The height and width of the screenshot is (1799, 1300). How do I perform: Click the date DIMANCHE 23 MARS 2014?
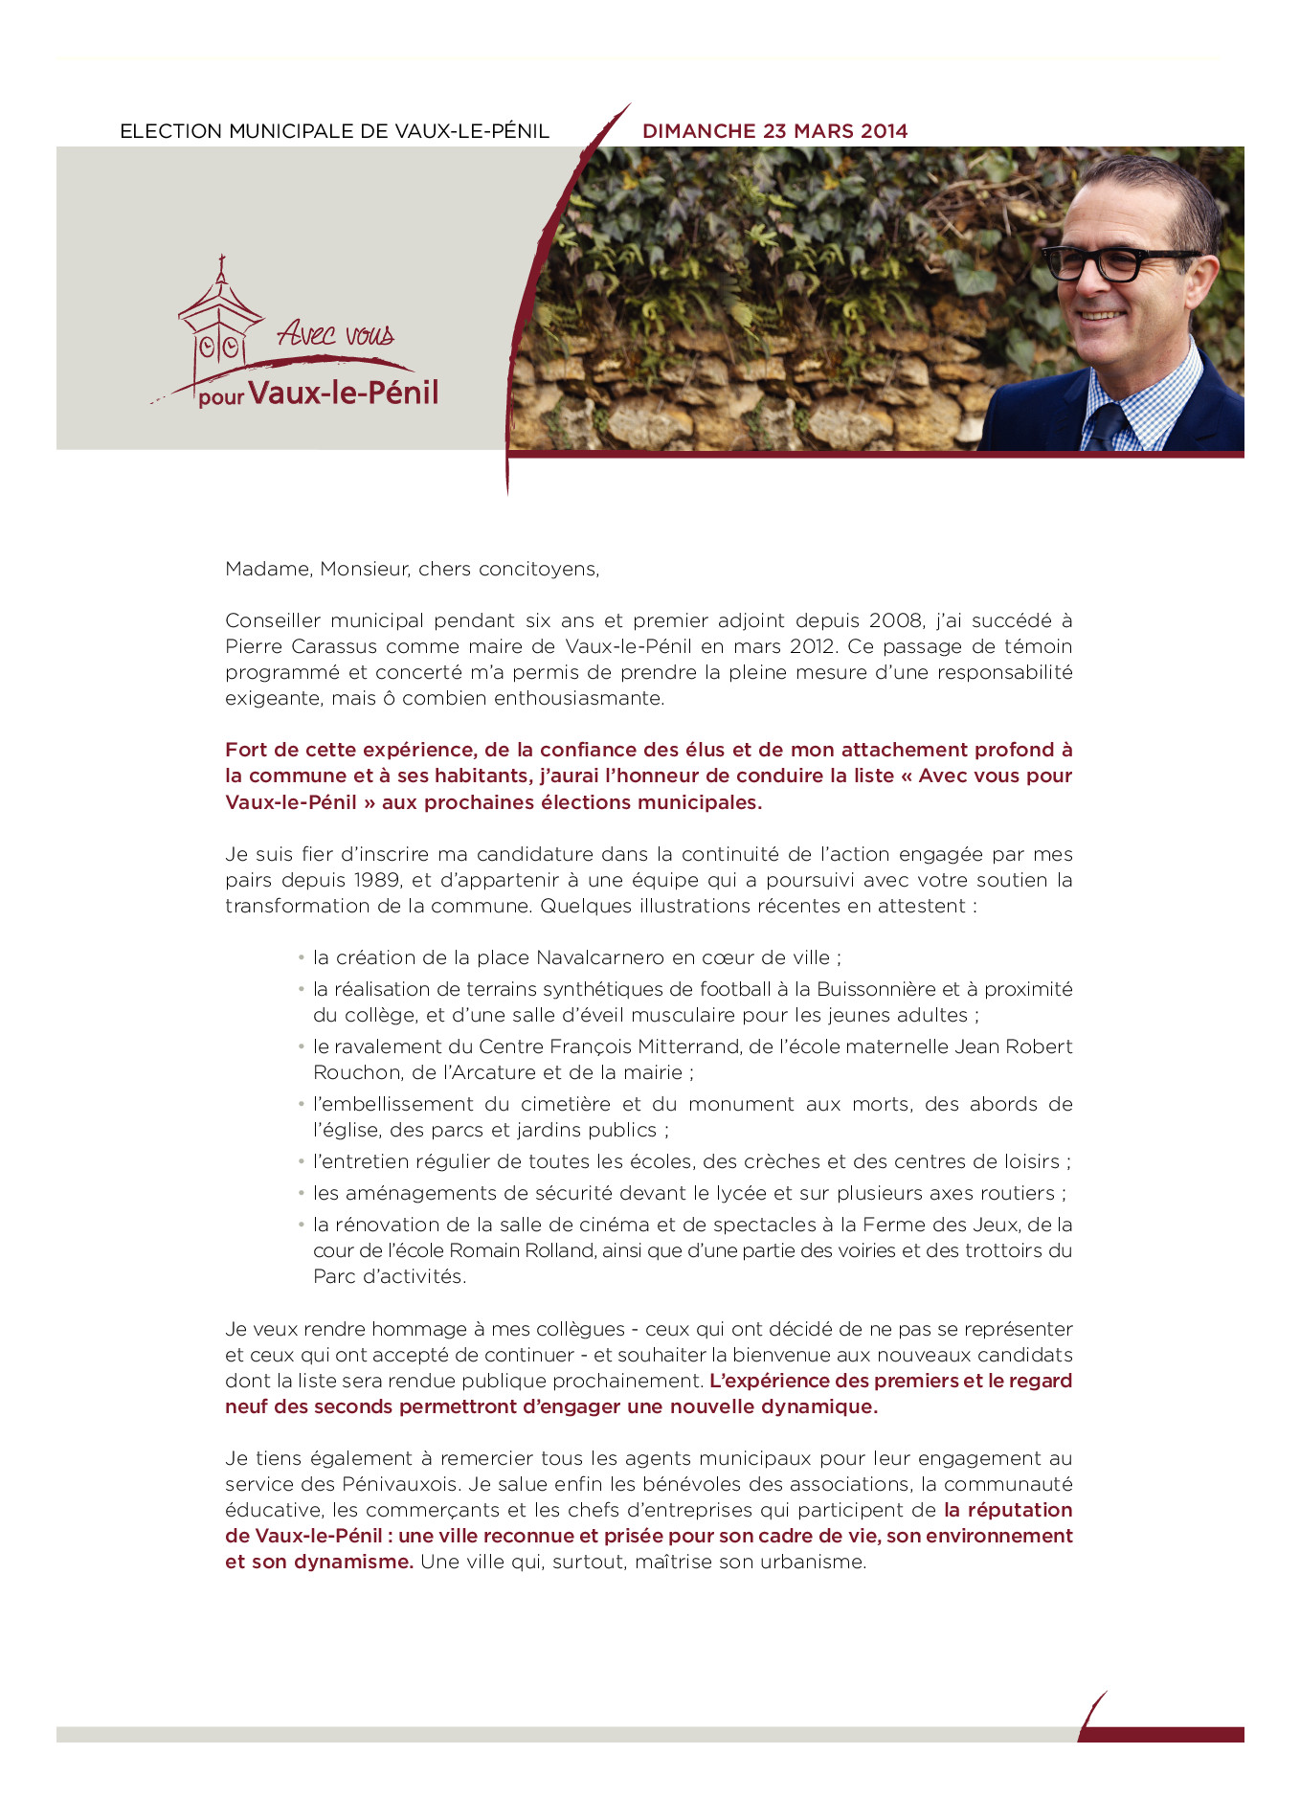click(x=774, y=131)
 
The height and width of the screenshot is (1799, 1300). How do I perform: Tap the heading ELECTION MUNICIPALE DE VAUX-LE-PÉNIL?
click(x=334, y=131)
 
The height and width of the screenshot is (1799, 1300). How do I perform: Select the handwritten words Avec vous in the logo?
click(x=336, y=334)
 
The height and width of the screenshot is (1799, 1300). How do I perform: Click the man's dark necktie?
click(x=1109, y=426)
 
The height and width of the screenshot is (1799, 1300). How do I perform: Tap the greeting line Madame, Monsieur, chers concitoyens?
click(x=412, y=569)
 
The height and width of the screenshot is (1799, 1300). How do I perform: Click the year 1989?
click(x=377, y=880)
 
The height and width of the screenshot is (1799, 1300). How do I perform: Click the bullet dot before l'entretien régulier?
click(x=301, y=1160)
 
